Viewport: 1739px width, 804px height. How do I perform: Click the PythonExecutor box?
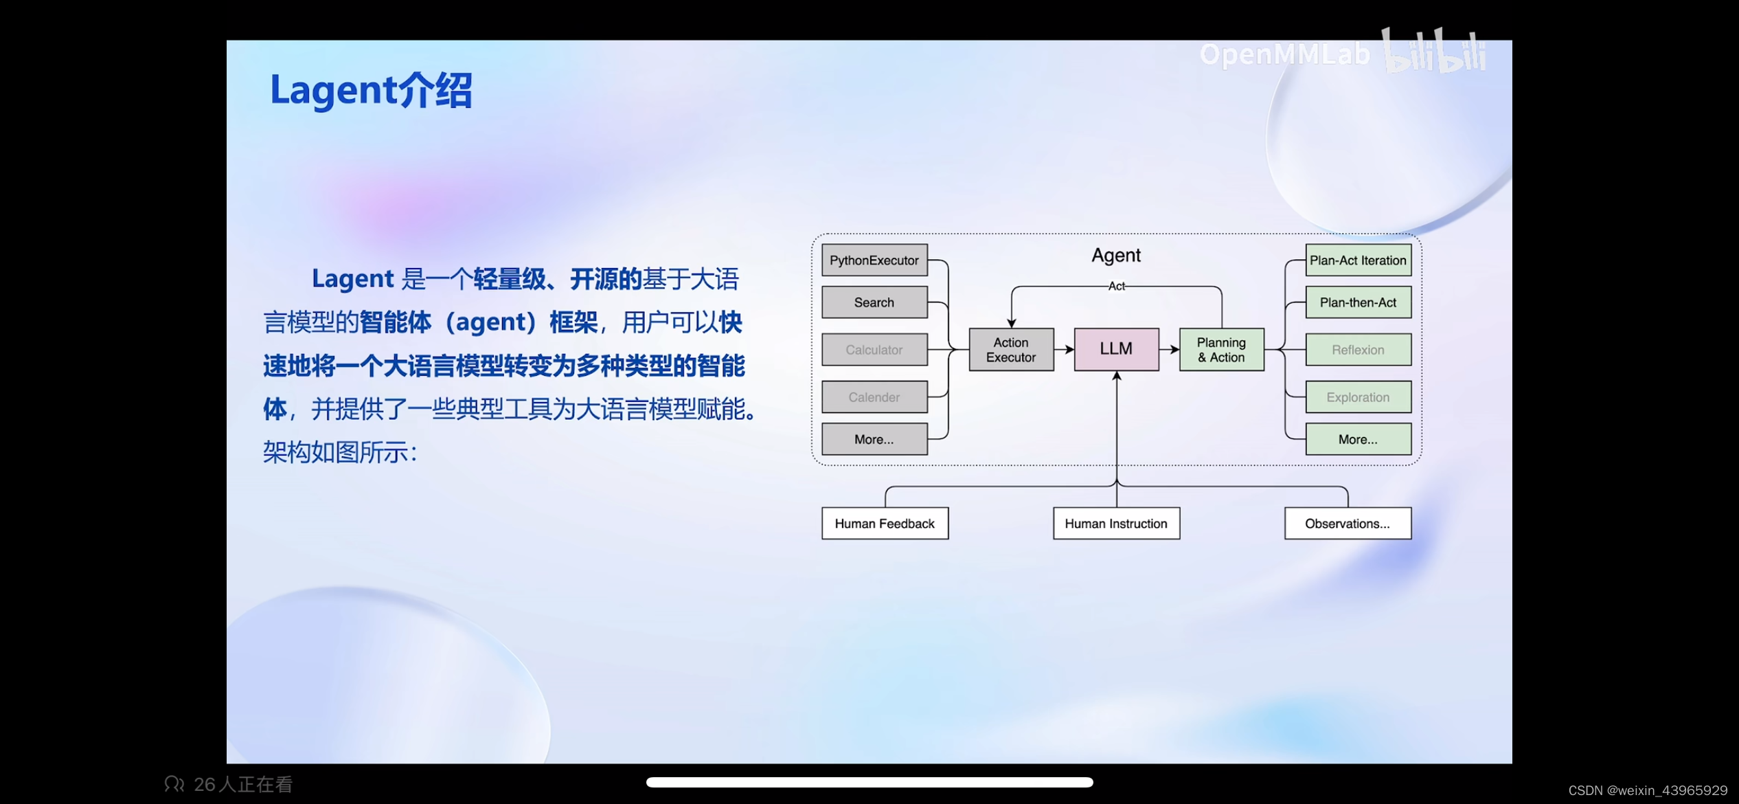coord(874,260)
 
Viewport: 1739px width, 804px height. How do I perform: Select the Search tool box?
coord(874,302)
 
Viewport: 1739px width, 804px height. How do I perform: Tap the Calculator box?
coord(874,350)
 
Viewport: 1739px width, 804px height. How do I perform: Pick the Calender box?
coord(874,397)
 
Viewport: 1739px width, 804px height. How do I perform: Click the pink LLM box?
coord(1116,349)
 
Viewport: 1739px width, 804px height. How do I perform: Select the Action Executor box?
coord(1011,350)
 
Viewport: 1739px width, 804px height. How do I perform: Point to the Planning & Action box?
coord(1221,350)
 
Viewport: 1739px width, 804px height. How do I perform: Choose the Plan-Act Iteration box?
coord(1358,260)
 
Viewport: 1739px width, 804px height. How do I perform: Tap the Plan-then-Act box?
coord(1358,302)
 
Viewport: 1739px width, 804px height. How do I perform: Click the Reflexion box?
coord(1358,350)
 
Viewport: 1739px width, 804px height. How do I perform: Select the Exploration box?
coord(1358,397)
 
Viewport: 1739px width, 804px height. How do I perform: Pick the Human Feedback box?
coord(885,524)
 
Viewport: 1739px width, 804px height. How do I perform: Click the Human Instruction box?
coord(1116,524)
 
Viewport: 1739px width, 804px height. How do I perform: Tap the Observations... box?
coord(1348,524)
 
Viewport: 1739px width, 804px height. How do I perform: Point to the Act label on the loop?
coord(1117,286)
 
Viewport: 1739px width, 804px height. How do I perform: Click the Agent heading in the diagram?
coord(1116,256)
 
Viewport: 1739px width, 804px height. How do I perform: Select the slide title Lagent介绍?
coord(371,90)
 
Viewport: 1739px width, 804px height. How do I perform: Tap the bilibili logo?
coord(1434,52)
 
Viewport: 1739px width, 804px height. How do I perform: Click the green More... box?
coord(1358,439)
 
